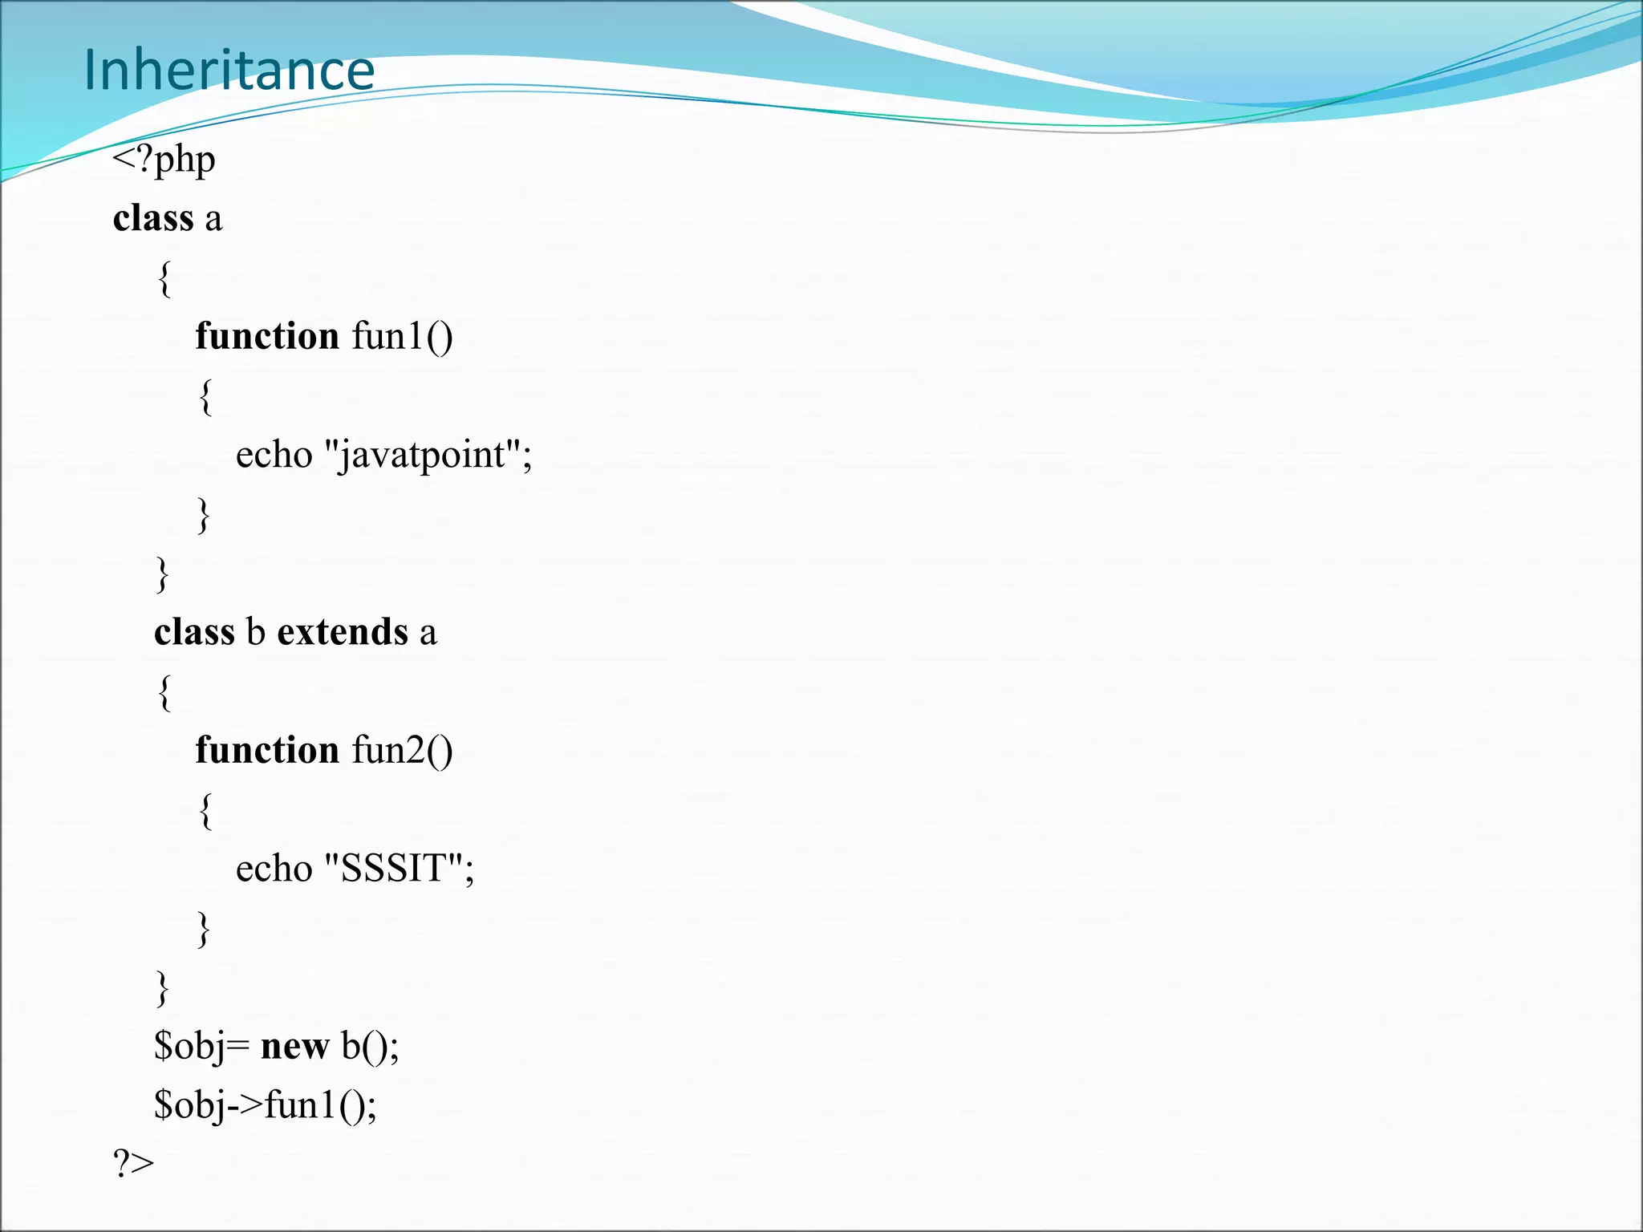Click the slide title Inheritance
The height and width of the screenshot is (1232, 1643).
(x=229, y=71)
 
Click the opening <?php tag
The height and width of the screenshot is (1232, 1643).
(x=164, y=160)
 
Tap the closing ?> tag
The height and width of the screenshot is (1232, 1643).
(x=133, y=1163)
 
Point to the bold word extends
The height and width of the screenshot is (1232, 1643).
(x=343, y=632)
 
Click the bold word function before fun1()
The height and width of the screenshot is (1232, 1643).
(x=267, y=336)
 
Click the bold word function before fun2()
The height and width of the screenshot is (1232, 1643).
(x=267, y=751)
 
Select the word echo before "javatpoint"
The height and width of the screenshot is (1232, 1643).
(x=274, y=455)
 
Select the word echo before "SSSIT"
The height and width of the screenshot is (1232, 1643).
(x=274, y=869)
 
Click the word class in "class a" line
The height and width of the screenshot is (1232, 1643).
(x=153, y=218)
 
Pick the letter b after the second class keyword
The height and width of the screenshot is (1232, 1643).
(x=255, y=632)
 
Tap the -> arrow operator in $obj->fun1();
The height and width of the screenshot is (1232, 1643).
(x=245, y=1105)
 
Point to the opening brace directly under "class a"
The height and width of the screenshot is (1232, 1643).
(x=164, y=278)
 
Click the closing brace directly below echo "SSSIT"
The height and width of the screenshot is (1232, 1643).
(x=204, y=929)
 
